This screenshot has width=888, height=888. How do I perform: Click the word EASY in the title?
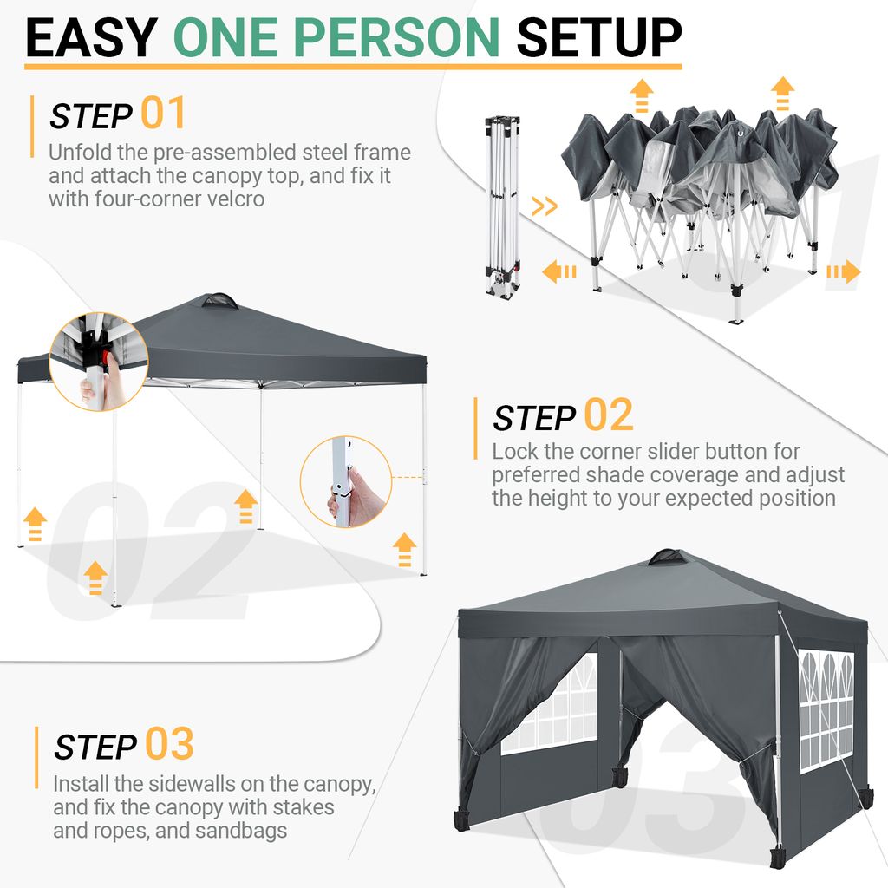point(91,37)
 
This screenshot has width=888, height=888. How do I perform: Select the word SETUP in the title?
point(599,37)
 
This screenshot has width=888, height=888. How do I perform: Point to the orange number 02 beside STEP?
point(608,415)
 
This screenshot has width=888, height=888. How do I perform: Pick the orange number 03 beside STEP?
point(169,743)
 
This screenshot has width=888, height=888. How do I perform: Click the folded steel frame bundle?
point(502,205)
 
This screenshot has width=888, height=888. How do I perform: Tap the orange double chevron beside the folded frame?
point(545,206)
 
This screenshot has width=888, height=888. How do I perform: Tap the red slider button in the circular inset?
point(106,356)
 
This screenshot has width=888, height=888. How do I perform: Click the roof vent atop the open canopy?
point(220,301)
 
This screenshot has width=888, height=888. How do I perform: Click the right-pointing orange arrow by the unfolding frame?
point(843,271)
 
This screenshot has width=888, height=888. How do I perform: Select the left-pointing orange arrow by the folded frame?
point(559,271)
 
